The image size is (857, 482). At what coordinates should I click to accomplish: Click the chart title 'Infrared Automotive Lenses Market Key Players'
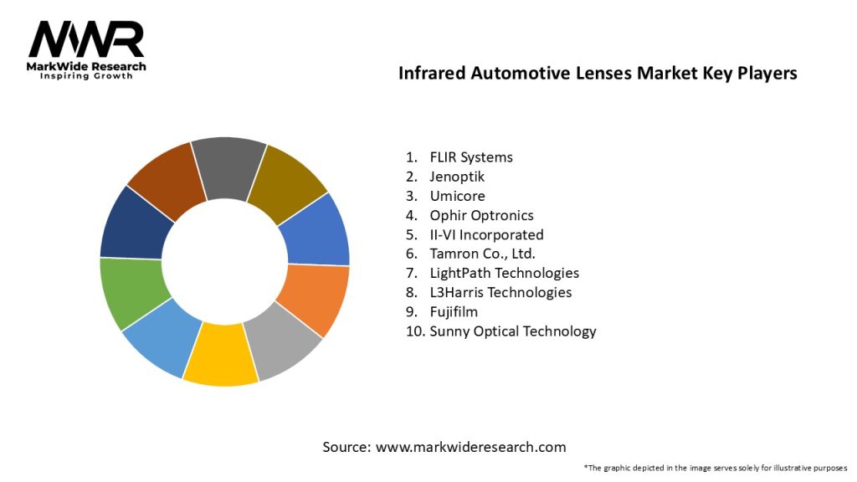(598, 74)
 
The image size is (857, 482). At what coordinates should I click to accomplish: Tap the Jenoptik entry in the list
(457, 177)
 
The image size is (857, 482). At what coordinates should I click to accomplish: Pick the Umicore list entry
(457, 196)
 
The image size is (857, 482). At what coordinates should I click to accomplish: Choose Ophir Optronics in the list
(481, 215)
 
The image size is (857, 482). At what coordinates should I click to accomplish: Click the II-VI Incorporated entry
(486, 234)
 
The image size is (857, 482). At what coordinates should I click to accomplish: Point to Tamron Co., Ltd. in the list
(482, 254)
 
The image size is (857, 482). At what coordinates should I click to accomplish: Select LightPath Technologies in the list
(504, 273)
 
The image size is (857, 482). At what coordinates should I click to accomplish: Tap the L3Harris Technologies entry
(500, 292)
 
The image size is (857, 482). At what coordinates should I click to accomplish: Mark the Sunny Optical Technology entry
(512, 331)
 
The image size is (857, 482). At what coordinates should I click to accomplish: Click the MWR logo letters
(86, 38)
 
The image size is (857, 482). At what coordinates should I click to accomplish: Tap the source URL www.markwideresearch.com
(471, 447)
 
